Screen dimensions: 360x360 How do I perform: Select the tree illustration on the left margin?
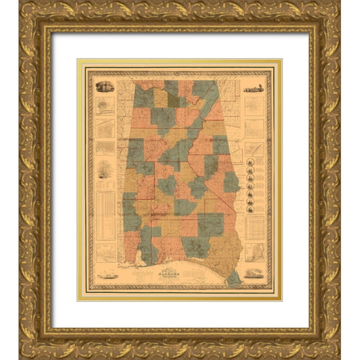coord(103,167)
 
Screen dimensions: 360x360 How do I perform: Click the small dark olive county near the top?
coord(174,101)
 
